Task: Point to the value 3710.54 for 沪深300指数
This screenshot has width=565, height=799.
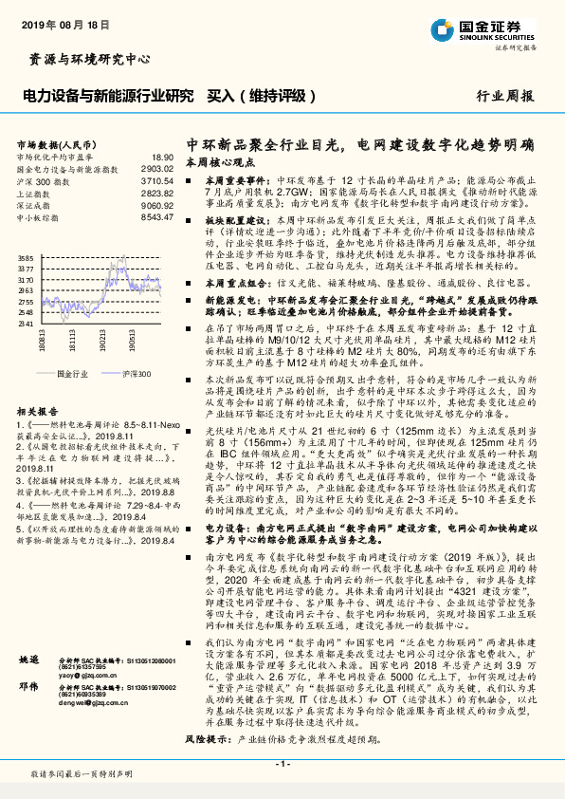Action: [x=157, y=179]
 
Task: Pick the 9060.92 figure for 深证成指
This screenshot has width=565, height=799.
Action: [x=157, y=204]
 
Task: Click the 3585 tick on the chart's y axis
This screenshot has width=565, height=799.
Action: [x=26, y=258]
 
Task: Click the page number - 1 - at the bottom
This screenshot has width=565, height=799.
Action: [x=282, y=762]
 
